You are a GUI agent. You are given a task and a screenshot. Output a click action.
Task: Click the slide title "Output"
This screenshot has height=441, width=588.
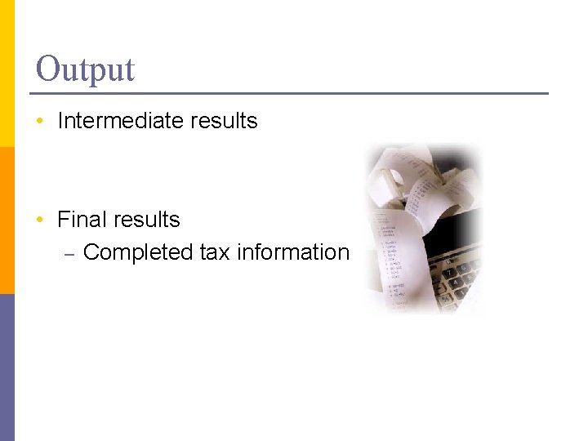point(85,69)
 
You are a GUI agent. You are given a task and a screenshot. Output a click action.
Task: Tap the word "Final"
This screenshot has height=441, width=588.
point(82,220)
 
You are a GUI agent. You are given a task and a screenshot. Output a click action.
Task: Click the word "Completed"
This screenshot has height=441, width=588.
point(138,252)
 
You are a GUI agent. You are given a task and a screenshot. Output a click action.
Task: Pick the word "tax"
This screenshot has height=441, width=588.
point(215,252)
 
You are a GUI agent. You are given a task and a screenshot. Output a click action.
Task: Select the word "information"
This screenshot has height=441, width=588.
point(292,252)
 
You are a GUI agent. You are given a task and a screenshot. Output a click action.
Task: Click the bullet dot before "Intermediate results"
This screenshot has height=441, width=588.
point(40,122)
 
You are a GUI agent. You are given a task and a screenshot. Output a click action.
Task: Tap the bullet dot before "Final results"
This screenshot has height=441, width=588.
point(40,220)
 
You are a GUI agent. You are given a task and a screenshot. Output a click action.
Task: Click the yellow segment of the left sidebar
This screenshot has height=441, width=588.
point(7,73)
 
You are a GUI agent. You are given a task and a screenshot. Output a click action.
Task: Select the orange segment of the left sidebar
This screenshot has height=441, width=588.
point(7,220)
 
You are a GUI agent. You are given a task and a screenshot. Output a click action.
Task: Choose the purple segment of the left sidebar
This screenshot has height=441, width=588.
point(7,367)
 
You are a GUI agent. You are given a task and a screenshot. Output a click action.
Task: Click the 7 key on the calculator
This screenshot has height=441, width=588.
point(450,274)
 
